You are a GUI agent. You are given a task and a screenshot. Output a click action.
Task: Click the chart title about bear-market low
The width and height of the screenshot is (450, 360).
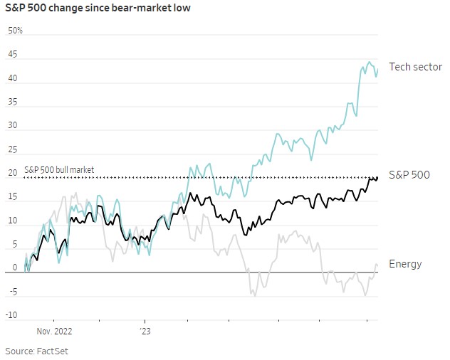point(98,9)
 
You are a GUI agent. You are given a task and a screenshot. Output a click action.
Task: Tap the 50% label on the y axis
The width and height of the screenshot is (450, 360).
point(15,31)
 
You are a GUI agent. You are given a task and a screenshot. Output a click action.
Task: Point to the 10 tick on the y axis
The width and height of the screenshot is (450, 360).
point(12,221)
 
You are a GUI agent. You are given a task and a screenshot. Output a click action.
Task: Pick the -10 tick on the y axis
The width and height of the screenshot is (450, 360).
point(11,315)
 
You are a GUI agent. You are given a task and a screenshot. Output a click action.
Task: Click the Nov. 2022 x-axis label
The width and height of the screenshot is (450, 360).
point(54,331)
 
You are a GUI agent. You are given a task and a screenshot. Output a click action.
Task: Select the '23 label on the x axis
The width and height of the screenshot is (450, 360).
point(145,331)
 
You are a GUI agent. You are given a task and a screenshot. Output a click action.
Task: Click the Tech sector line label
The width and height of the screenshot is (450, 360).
point(415,67)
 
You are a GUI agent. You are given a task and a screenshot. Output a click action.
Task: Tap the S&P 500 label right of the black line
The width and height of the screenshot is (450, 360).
point(409,174)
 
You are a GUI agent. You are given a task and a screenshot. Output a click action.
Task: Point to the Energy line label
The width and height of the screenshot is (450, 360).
point(405,264)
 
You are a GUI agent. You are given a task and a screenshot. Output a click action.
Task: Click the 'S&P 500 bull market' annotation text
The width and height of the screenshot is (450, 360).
point(59,170)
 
